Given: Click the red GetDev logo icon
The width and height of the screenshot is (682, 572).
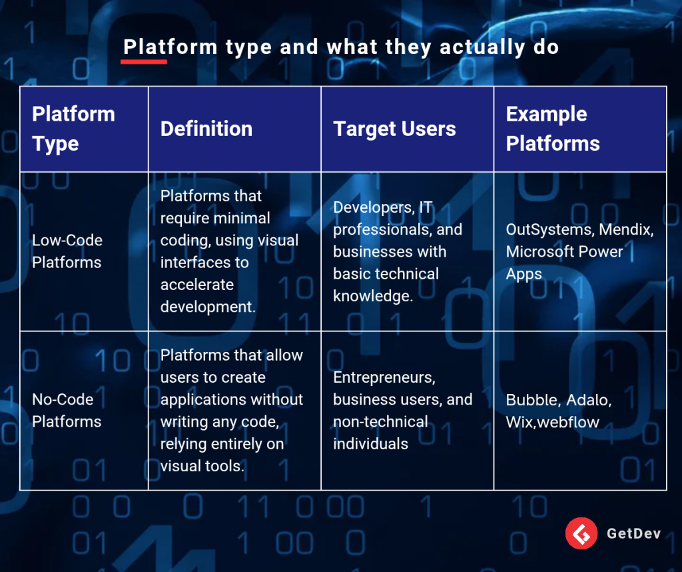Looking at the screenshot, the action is pos(581,533).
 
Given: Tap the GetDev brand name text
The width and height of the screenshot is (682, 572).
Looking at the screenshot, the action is pos(634,534).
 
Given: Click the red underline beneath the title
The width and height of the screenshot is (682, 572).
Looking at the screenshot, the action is pos(144,62).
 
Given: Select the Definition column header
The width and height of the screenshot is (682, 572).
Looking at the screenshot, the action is pos(206,129).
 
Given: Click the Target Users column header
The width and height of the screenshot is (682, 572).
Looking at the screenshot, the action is pos(394,129).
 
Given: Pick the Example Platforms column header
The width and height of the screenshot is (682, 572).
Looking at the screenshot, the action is pos(553,129).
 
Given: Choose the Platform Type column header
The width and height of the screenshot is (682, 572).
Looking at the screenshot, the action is pos(73,129).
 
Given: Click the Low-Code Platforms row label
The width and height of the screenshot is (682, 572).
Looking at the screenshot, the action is pos(67,251).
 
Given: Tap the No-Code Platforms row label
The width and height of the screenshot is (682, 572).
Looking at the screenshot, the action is pos(67,411).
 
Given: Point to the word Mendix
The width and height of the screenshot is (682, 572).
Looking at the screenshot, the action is pos(626,229).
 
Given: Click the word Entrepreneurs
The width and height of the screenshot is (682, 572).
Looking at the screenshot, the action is pos(384,377).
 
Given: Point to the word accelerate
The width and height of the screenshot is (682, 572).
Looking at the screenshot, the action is pos(197,285).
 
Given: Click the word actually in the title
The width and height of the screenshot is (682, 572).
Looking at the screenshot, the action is pos(482,48).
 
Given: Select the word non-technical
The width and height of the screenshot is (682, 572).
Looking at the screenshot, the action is pos(380,421).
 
